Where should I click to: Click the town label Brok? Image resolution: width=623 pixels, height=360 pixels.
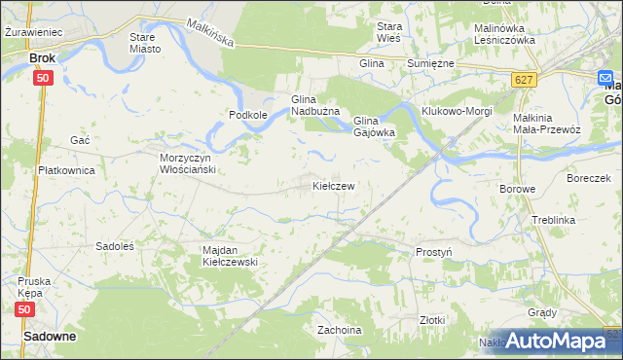pyautogui.click(x=42, y=58)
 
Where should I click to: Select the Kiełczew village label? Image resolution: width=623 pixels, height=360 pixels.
pyautogui.click(x=332, y=185)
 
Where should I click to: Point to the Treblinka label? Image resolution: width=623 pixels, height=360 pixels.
pyautogui.click(x=554, y=221)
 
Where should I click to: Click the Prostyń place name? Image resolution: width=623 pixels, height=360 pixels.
pyautogui.click(x=434, y=252)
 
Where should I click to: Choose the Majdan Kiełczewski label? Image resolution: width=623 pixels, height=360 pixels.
pyautogui.click(x=229, y=256)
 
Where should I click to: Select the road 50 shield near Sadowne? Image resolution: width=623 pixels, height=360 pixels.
pyautogui.click(x=27, y=308)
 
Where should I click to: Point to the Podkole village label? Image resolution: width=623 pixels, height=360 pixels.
pyautogui.click(x=248, y=115)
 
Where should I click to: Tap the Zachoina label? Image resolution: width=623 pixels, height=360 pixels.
pyautogui.click(x=340, y=330)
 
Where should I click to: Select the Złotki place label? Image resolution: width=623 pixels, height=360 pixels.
pyautogui.click(x=431, y=319)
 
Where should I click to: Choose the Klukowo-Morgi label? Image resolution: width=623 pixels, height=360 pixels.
pyautogui.click(x=457, y=110)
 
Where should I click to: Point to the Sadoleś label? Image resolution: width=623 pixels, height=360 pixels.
pyautogui.click(x=114, y=246)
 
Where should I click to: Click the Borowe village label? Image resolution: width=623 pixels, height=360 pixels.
pyautogui.click(x=517, y=189)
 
